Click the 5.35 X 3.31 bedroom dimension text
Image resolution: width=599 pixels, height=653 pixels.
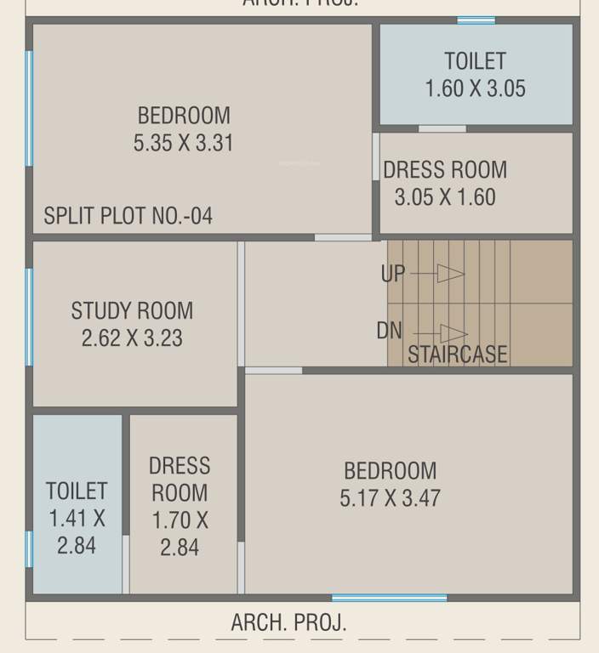183,144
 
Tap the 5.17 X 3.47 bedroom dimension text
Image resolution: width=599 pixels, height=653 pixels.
390,497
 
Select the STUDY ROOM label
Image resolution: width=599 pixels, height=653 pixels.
132,310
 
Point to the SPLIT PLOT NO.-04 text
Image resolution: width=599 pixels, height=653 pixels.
128,216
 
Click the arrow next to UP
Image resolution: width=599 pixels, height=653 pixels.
449,274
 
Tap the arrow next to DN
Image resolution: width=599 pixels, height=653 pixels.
453,333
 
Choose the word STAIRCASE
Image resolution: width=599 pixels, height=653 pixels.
458,355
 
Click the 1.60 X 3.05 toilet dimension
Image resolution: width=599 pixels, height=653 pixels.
476,88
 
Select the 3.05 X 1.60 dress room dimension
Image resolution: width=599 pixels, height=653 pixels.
444,197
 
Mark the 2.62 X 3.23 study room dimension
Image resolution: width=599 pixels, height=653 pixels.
132,338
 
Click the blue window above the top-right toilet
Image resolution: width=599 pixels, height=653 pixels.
476,20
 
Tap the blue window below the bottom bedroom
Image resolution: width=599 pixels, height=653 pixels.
389,598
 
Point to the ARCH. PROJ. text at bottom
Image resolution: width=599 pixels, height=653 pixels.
288,622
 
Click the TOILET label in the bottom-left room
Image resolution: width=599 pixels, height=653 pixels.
77,491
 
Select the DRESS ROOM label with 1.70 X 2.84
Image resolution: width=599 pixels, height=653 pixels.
180,479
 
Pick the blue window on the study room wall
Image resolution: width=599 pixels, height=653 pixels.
29,316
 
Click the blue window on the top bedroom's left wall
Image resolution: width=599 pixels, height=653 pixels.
29,108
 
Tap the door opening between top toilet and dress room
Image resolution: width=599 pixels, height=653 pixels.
442,129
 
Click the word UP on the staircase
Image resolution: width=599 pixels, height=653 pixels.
393,274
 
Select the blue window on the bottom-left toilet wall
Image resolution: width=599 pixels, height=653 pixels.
29,548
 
